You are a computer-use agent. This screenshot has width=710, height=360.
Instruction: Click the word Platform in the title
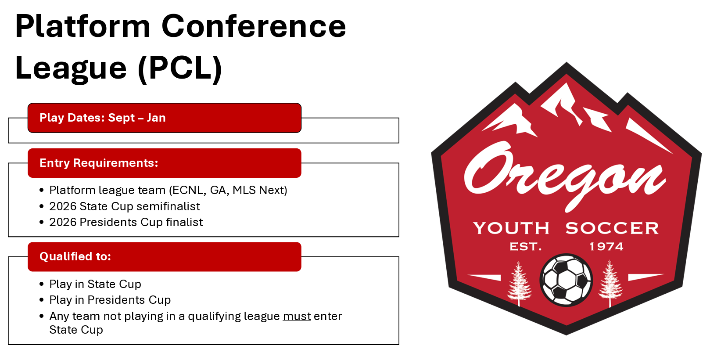pyautogui.click(x=83, y=26)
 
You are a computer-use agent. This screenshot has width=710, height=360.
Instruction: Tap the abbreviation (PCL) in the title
pyautogui.click(x=180, y=68)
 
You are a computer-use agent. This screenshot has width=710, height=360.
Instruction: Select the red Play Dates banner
pyautogui.click(x=164, y=118)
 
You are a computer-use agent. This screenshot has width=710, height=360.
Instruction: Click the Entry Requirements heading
pyautogui.click(x=99, y=163)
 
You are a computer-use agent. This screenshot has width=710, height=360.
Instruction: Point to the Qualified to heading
pyautogui.click(x=75, y=256)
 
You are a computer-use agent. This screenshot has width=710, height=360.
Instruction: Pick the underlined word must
pyautogui.click(x=297, y=316)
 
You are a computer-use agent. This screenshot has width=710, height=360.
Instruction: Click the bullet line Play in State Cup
pyautogui.click(x=95, y=284)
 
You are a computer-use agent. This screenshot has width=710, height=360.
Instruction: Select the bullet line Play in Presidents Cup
pyautogui.click(x=110, y=300)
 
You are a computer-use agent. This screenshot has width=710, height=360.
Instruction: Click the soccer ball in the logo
pyautogui.click(x=566, y=280)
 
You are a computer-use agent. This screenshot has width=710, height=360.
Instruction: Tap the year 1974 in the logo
pyautogui.click(x=606, y=247)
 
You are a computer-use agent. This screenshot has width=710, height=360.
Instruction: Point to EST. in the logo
pyautogui.click(x=525, y=247)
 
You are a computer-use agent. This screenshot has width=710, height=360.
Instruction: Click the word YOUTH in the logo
pyautogui.click(x=511, y=228)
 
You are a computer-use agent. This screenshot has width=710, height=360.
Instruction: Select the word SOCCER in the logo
pyautogui.click(x=612, y=228)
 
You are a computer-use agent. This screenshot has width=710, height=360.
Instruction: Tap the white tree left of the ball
pyautogui.click(x=519, y=283)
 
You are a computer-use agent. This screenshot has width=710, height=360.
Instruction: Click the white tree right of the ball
pyautogui.click(x=610, y=283)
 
